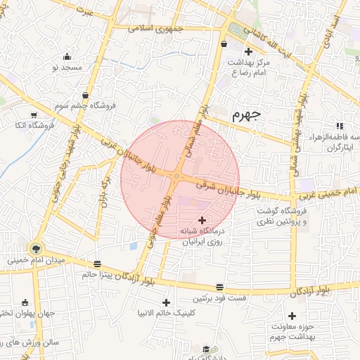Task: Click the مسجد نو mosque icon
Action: (67, 57)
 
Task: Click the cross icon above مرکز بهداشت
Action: (247, 51)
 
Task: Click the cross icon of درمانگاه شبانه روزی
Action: (203, 220)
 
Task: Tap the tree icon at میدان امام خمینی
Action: (35, 248)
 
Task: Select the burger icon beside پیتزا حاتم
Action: (96, 264)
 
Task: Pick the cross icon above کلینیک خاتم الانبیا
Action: (167, 302)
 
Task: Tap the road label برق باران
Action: (105, 184)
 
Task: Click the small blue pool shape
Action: (133, 245)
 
